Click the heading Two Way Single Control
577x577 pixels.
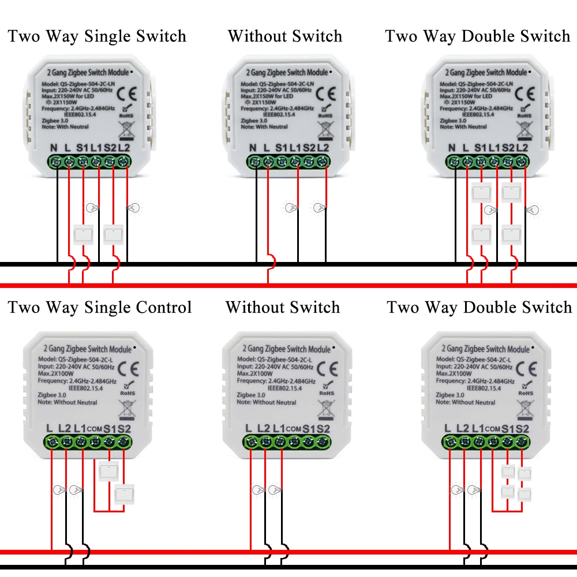click(99, 307)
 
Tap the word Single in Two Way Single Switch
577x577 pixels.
click(108, 36)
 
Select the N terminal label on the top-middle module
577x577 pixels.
click(252, 148)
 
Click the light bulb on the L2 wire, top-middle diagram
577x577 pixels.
click(319, 207)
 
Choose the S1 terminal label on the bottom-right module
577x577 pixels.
click(508, 429)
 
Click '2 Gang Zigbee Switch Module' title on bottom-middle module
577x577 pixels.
click(285, 349)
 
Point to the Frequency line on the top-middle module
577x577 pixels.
click(278, 108)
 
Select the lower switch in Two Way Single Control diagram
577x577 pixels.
click(123, 494)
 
